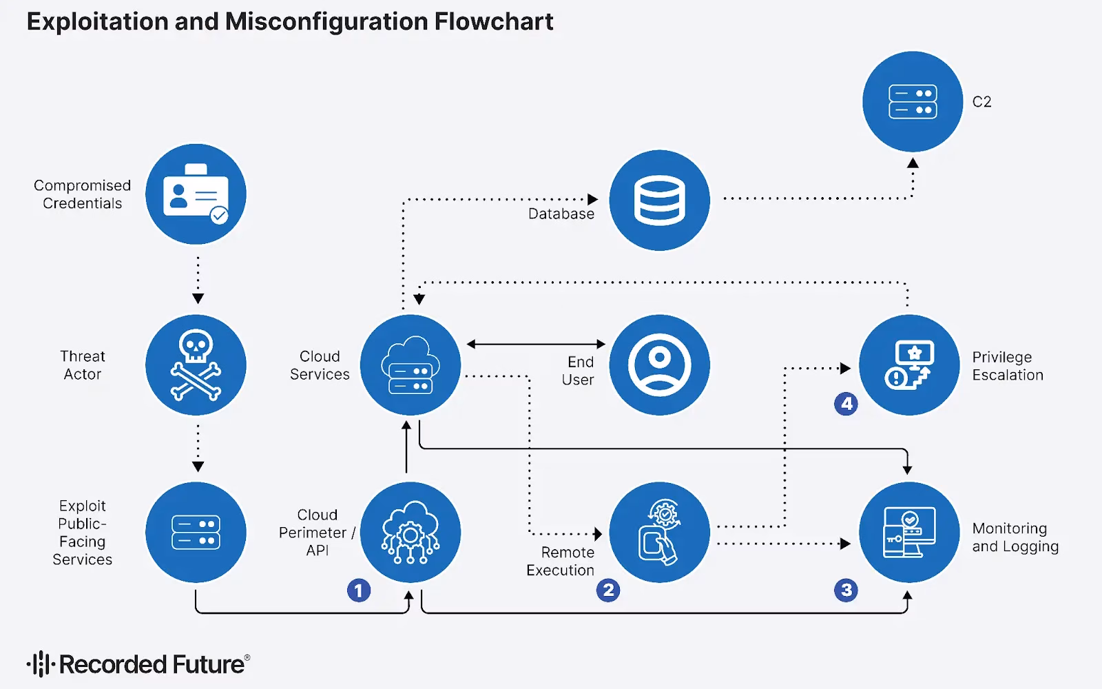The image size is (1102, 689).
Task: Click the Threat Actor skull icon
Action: coord(196,364)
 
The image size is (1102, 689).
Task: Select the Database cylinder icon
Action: coord(659,200)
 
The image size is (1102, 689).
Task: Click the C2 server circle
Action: coord(913,101)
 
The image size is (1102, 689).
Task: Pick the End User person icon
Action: coord(659,364)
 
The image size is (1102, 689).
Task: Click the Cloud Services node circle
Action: coord(410,364)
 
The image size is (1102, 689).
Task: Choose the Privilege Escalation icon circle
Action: coord(909,364)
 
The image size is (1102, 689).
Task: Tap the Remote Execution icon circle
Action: coord(659,532)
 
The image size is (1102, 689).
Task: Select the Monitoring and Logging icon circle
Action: coord(909,532)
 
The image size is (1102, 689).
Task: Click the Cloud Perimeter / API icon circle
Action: coord(410,532)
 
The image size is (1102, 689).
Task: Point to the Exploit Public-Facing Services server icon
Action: coord(196,532)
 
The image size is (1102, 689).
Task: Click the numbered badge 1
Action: coord(359,590)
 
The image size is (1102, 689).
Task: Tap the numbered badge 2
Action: coord(608,590)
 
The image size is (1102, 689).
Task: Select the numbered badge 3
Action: coord(846,590)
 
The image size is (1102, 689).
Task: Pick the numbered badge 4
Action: coord(846,404)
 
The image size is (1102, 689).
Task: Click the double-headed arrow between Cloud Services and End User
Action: coord(536,344)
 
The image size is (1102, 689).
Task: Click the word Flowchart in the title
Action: coord(493,21)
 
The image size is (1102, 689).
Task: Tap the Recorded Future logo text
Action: coord(152,664)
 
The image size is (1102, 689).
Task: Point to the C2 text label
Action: coord(981,102)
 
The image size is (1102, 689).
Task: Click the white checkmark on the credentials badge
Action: coord(219,215)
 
